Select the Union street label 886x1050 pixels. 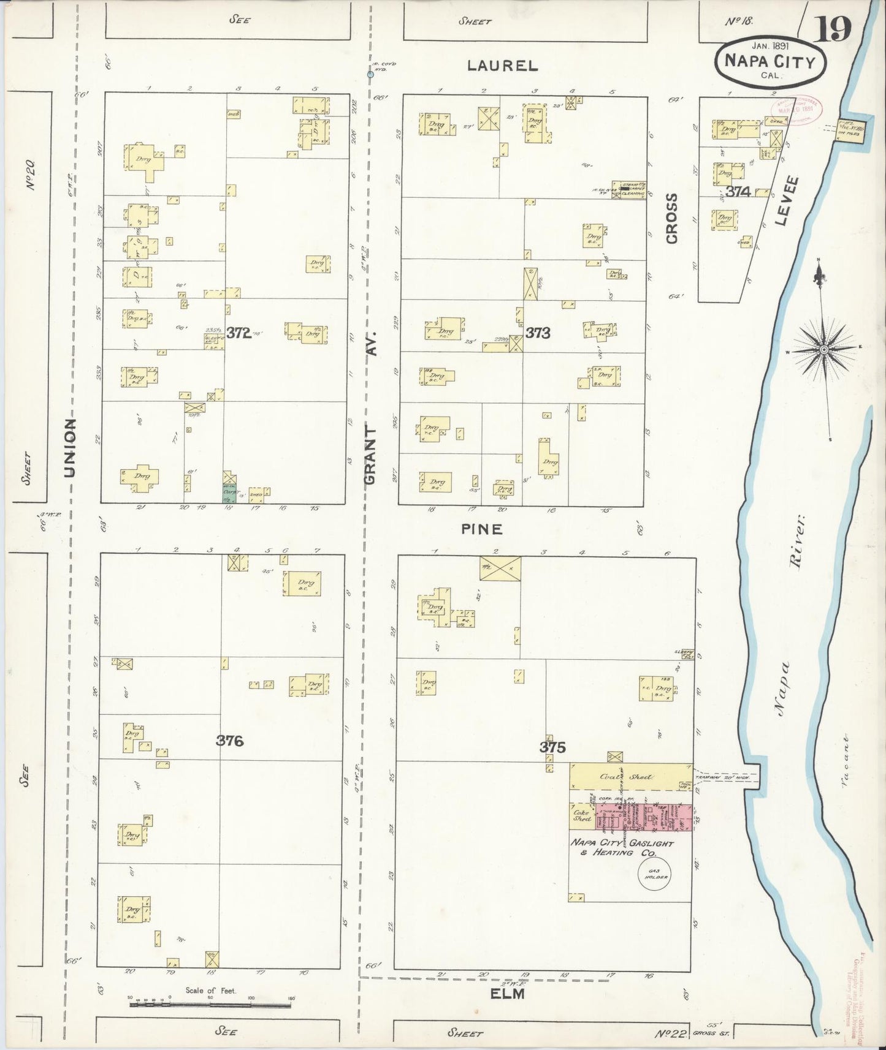pos(71,447)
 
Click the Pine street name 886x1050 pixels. pos(483,529)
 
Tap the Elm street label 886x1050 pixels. pos(508,994)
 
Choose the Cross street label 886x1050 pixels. pos(672,219)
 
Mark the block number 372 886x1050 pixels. pos(239,333)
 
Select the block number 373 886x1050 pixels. pos(538,333)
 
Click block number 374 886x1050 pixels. pos(738,192)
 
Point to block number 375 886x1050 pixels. pos(552,747)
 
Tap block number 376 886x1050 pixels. pos(230,741)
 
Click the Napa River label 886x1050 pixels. pos(789,613)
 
